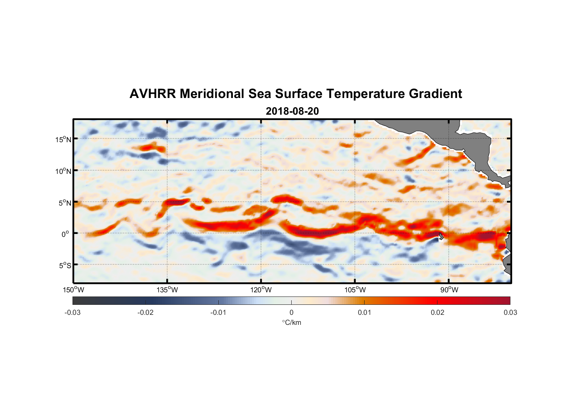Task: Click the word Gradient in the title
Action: coord(435,94)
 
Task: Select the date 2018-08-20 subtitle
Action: coord(292,111)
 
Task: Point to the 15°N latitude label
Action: coord(63,139)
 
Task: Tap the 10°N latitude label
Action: coord(63,171)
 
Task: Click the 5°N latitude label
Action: coord(65,203)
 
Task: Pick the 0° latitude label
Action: coord(65,234)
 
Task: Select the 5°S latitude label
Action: coord(65,266)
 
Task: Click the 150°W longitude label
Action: coord(73,290)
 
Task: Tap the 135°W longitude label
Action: coord(167,290)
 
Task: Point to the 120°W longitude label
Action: coord(261,290)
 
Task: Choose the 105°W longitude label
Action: coord(355,290)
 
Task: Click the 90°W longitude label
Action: coord(449,290)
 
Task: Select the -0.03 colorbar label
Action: coord(72,312)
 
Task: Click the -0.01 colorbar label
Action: coord(218,312)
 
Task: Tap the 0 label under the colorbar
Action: coord(291,312)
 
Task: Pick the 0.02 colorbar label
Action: coord(437,312)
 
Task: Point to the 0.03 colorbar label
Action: coord(510,312)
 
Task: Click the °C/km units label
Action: coord(292,322)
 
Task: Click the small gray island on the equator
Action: coord(441,236)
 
